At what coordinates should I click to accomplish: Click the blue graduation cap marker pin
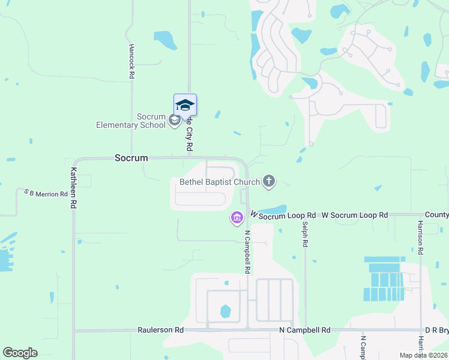185,105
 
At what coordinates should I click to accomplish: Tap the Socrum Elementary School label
131,121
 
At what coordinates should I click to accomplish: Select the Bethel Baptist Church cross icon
270,181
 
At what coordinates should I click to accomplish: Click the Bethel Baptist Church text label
220,182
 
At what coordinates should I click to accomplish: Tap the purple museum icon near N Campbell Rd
237,217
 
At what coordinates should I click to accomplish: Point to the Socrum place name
131,158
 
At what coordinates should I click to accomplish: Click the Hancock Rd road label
131,62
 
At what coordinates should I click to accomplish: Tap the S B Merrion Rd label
46,194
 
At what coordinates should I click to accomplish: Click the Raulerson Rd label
160,330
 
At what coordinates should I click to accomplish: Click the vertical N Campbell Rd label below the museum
247,252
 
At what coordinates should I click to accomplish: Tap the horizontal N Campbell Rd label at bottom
305,330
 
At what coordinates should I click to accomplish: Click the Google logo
20,353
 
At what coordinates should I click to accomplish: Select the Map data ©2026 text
422,355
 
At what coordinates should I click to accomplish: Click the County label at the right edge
436,215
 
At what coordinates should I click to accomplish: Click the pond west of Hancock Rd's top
166,40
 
